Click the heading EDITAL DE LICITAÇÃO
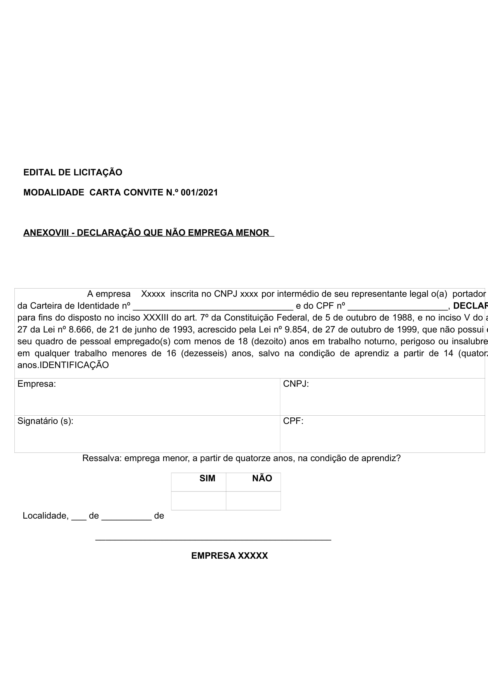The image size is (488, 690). (73, 173)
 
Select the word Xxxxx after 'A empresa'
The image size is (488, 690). (153, 294)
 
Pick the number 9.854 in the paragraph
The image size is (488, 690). (296, 330)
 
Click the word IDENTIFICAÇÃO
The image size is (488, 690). (74, 365)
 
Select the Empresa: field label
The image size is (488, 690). (37, 384)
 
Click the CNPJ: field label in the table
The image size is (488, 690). (296, 384)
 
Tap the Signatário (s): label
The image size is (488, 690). (45, 421)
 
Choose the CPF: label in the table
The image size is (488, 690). (293, 421)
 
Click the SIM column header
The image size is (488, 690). (207, 478)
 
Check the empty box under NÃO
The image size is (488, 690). (253, 500)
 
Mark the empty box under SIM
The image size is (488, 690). (199, 500)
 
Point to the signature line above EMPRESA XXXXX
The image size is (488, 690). (213, 540)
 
